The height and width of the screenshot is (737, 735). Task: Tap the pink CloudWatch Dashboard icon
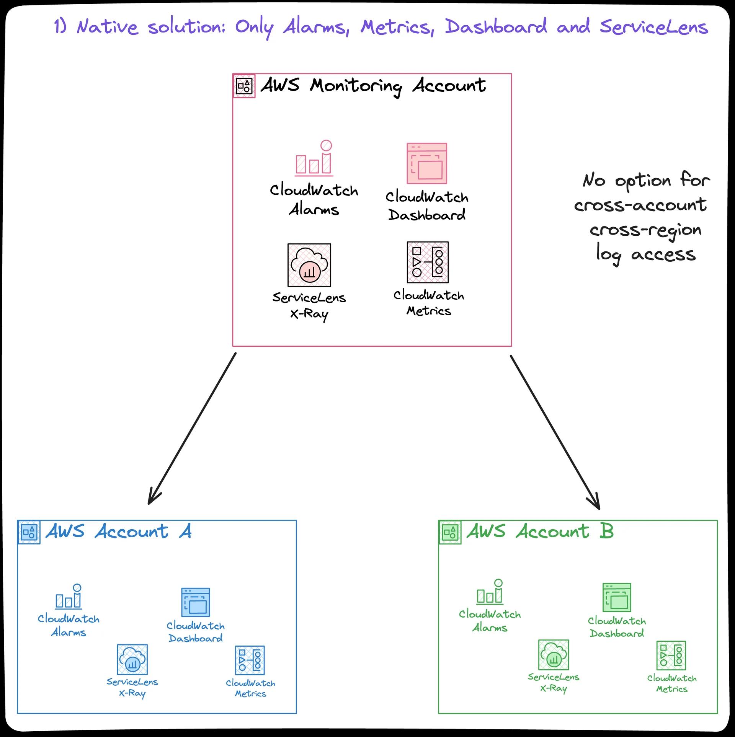point(427,163)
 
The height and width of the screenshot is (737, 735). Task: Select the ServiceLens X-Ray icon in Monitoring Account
point(309,265)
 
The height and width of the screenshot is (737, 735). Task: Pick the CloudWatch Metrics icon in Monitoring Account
point(428,262)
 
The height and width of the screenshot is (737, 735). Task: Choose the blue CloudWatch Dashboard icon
point(195,602)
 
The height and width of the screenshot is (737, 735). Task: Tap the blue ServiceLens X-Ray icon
point(132,659)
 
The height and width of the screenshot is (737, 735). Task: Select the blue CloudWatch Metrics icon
point(250,660)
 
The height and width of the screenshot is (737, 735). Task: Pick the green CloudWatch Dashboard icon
point(617,597)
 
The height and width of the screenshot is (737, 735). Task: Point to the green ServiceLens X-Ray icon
point(554,654)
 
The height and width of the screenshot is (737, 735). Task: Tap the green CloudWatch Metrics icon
point(671,655)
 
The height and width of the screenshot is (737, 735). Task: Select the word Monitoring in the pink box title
point(356,86)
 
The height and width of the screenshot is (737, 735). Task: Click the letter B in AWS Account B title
point(606,531)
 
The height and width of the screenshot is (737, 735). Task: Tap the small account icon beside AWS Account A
point(29,532)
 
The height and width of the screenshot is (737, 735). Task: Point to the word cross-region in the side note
point(645,230)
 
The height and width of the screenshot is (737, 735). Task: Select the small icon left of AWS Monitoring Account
point(244,86)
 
